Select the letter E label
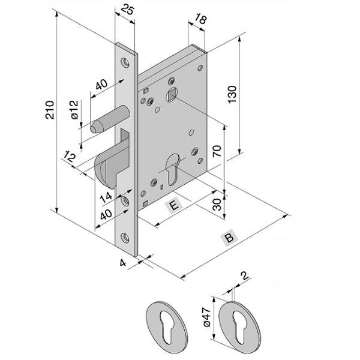click(x=173, y=206)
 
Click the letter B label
click(x=229, y=238)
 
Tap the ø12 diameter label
click(x=74, y=111)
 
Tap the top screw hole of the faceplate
click(x=125, y=61)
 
